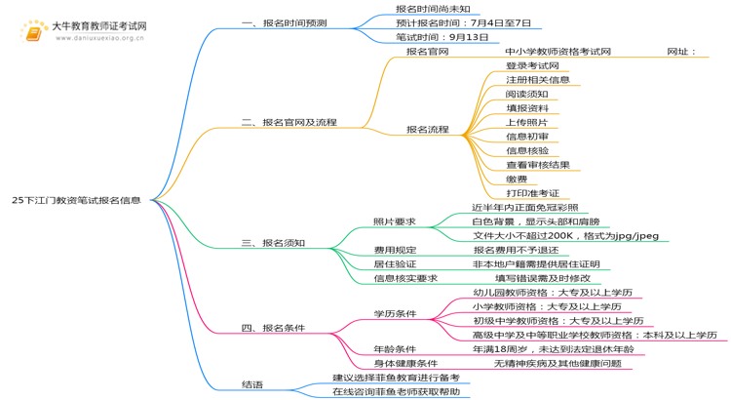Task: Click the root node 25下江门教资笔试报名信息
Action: tap(76, 200)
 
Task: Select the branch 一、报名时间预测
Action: tap(284, 21)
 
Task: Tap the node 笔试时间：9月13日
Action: tap(429, 37)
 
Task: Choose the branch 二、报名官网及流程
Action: tap(289, 122)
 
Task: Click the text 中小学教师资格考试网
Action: tap(558, 51)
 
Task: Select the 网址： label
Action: tap(681, 51)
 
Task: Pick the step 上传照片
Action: tap(526, 122)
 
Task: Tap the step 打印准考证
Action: tap(532, 193)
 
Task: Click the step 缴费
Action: tap(516, 179)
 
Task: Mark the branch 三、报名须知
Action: tap(273, 243)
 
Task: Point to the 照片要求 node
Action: tap(394, 221)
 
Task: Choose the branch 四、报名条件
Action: tap(273, 328)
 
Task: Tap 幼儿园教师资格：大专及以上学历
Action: tap(552, 293)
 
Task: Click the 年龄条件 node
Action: tap(394, 349)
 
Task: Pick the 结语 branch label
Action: tap(251, 384)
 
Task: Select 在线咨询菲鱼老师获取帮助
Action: tap(396, 391)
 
